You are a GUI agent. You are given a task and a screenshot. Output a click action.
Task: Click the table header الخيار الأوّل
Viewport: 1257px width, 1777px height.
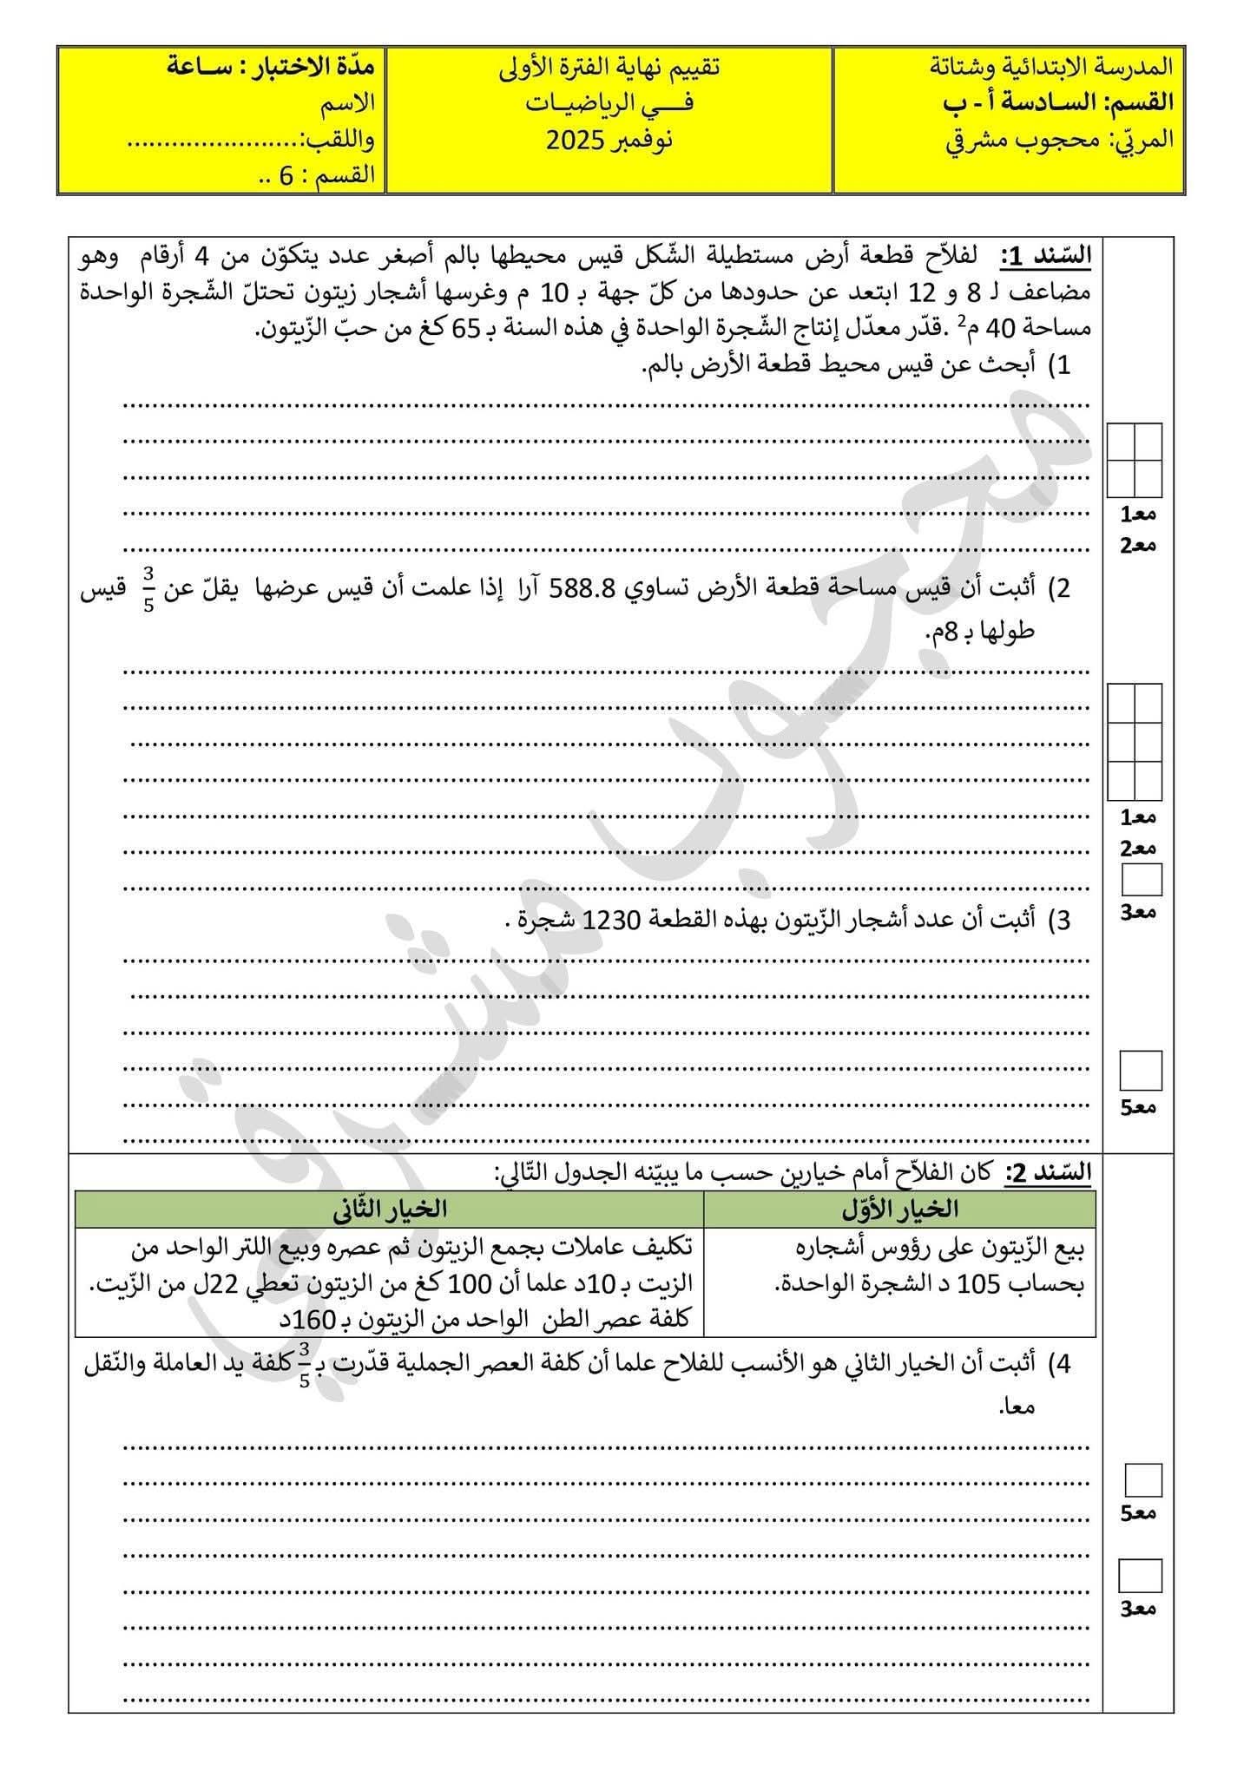[x=900, y=1209]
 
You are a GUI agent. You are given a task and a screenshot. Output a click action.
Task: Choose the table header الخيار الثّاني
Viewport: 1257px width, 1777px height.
[x=390, y=1209]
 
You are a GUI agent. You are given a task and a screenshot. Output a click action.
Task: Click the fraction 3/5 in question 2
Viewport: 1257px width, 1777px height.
[x=148, y=589]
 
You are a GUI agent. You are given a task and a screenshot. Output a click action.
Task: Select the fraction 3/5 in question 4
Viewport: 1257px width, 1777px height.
[x=304, y=1364]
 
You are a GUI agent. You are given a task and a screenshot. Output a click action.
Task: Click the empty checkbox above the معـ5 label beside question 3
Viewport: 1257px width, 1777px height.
[x=1140, y=1070]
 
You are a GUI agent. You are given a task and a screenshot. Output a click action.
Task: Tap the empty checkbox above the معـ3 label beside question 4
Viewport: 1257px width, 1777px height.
[x=1140, y=1576]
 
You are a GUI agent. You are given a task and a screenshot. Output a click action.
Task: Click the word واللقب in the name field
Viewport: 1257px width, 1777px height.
[x=338, y=139]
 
